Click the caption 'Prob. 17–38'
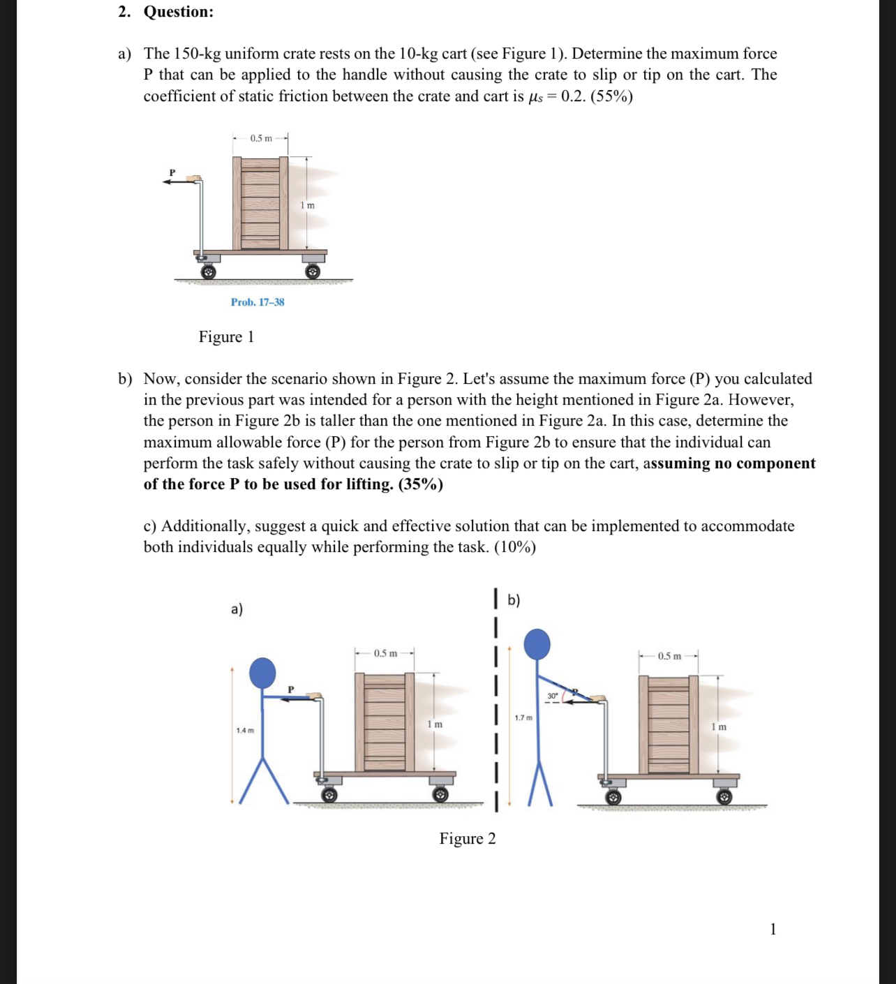point(257,302)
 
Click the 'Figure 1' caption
point(226,337)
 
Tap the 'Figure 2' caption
point(468,839)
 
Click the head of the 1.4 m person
point(262,672)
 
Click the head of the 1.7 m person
point(537,643)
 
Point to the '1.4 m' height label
point(245,731)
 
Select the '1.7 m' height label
point(523,718)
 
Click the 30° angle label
point(552,696)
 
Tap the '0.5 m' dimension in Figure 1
point(261,138)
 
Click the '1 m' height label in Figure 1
point(307,205)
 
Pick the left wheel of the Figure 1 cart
point(208,271)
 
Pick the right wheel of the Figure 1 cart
point(313,271)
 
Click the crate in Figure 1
point(260,203)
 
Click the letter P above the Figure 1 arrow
point(172,172)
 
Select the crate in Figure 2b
point(669,724)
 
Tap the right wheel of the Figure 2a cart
point(440,795)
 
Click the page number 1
point(772,929)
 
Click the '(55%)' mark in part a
point(611,96)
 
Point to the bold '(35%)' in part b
point(420,484)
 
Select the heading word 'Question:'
point(179,12)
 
